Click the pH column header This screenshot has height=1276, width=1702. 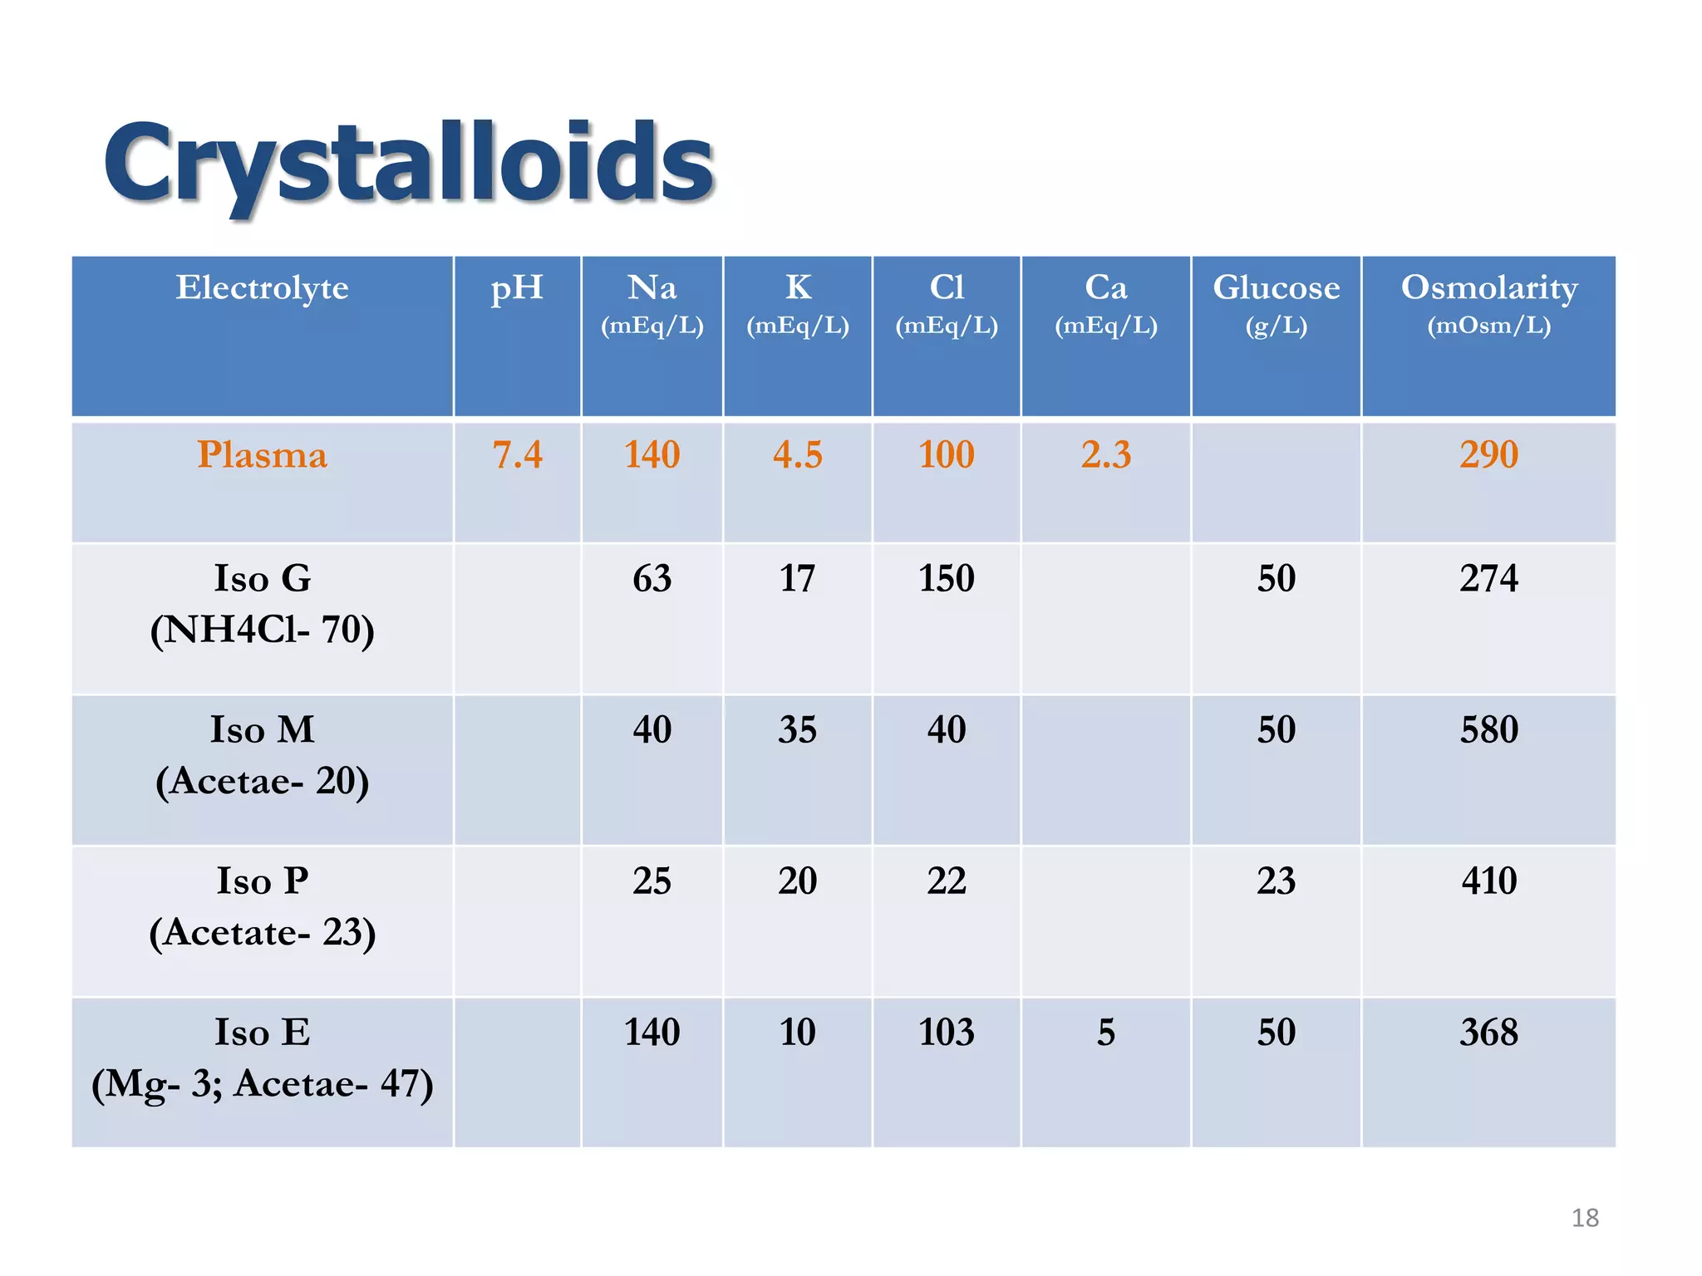(x=516, y=288)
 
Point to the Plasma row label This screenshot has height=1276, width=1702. (x=262, y=455)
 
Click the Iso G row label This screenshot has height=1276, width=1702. (x=262, y=603)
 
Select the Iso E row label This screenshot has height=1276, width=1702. (x=262, y=1058)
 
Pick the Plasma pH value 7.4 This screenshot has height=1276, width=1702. (x=517, y=455)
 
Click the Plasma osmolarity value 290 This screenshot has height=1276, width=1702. (x=1488, y=455)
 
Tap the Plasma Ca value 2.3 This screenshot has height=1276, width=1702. (x=1105, y=455)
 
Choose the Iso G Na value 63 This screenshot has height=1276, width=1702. (x=652, y=578)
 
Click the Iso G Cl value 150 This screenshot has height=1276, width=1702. (x=946, y=578)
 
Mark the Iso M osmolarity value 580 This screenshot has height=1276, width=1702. (x=1488, y=730)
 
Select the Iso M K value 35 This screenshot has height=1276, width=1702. (x=797, y=730)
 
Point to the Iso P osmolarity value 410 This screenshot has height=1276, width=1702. (x=1488, y=881)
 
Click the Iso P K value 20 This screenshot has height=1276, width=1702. (x=797, y=881)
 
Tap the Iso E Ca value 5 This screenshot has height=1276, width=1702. (x=1105, y=1033)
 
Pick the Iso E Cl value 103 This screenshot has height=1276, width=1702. (x=946, y=1033)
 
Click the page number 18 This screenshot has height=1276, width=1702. (x=1585, y=1218)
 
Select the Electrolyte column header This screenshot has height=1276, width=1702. (x=262, y=288)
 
